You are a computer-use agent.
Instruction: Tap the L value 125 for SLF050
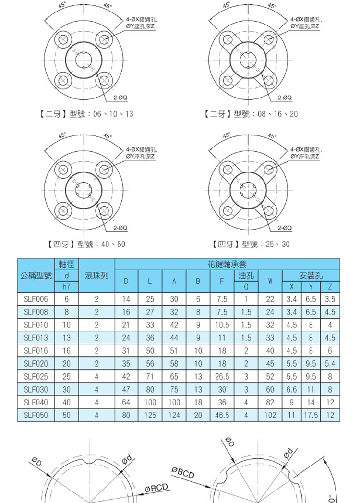tap(150, 415)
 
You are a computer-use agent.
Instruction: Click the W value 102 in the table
tap(270, 415)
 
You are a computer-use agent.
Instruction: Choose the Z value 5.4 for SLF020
tap(330, 363)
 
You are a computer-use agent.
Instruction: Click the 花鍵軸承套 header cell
tap(228, 264)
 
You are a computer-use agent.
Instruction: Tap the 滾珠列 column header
tap(96, 276)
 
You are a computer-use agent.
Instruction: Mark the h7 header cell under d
tap(66, 287)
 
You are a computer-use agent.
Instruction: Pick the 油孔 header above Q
tap(246, 275)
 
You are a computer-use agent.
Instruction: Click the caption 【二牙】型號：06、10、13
tap(86, 114)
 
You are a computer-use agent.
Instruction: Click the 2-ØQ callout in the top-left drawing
tap(120, 98)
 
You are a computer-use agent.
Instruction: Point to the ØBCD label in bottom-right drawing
tap(183, 473)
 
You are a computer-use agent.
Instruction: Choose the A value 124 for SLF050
tap(174, 415)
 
